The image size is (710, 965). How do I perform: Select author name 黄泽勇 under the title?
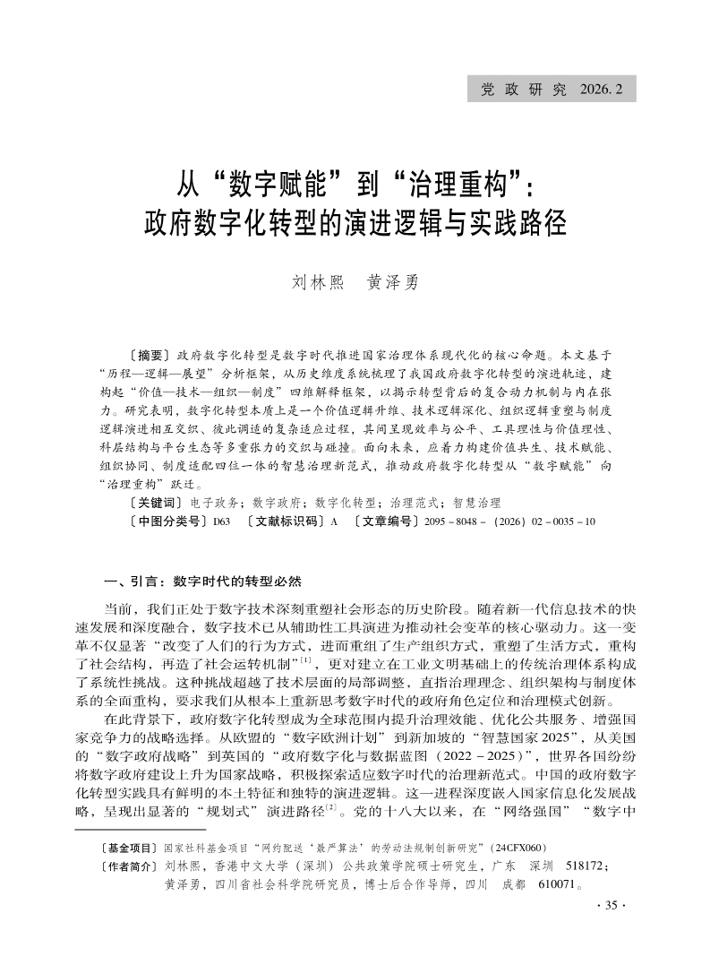[393, 281]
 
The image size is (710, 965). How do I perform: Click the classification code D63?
[221, 520]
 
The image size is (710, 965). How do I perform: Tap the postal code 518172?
[583, 866]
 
